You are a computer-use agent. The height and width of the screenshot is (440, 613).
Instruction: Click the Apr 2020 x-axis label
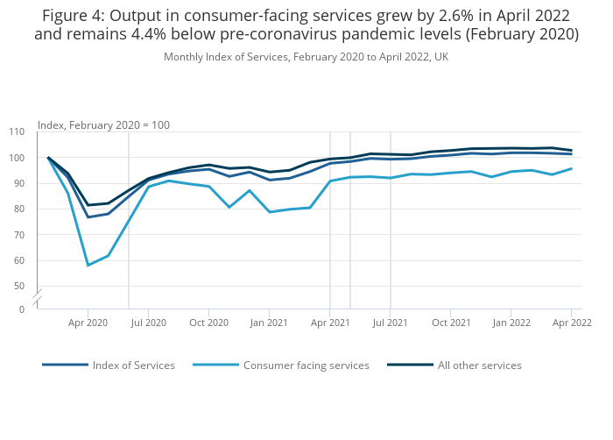tap(88, 323)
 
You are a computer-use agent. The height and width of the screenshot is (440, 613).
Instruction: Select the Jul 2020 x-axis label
tap(148, 323)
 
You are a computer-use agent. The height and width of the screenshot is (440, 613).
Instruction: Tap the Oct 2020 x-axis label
tap(208, 323)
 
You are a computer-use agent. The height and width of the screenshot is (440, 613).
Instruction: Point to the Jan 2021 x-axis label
tap(269, 323)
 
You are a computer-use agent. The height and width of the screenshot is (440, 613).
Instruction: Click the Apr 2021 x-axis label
tap(329, 323)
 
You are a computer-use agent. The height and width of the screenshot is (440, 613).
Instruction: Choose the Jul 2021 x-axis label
tap(390, 323)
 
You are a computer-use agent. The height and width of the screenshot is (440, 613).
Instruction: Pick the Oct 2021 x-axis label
tap(451, 323)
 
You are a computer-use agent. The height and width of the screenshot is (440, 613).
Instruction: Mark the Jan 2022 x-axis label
tap(511, 323)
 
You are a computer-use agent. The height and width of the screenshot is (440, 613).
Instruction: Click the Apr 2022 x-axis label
tap(572, 323)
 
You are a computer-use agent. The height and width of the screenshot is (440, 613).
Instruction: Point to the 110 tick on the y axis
tap(17, 132)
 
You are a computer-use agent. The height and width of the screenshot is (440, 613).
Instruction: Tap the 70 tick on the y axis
tap(19, 235)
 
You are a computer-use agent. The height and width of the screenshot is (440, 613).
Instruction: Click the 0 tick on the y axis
tap(22, 309)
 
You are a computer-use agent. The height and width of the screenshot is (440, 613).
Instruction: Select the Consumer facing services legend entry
tap(306, 365)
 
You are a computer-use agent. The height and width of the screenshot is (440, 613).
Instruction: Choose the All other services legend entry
tap(479, 365)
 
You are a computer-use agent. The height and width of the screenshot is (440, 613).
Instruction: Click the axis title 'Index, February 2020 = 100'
tap(103, 125)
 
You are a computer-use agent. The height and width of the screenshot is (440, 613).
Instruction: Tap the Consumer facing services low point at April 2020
tap(88, 265)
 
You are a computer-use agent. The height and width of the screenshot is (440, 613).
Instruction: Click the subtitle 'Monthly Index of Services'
tap(306, 57)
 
